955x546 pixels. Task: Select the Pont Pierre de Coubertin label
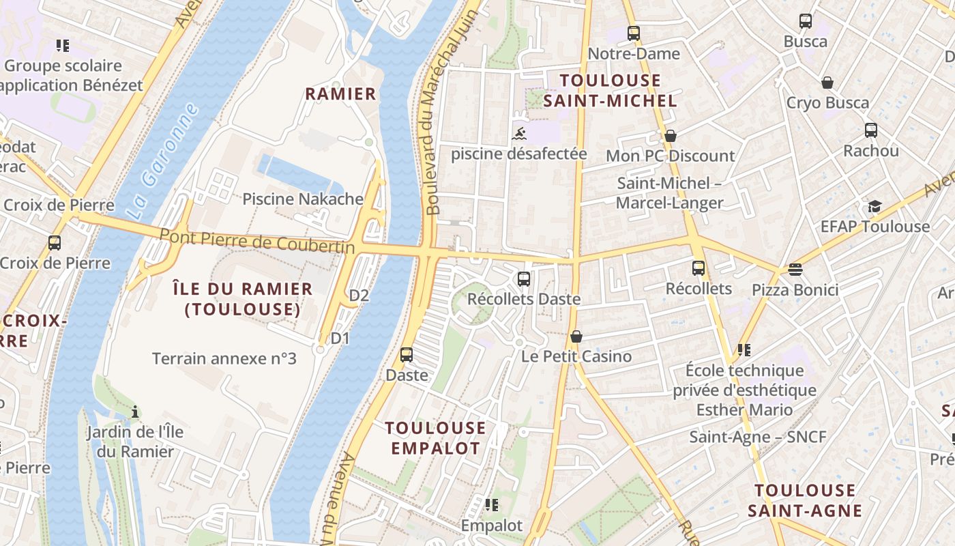pyautogui.click(x=257, y=241)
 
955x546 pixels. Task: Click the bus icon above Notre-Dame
pyautogui.click(x=634, y=33)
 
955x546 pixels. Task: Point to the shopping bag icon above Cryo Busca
pyautogui.click(x=827, y=83)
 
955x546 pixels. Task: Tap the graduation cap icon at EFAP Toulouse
pyautogui.click(x=875, y=206)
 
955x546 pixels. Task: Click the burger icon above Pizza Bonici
pyautogui.click(x=795, y=269)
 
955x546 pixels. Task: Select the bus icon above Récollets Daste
pyautogui.click(x=524, y=278)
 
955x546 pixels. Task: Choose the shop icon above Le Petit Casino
pyautogui.click(x=576, y=336)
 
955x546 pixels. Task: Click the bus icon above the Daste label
pyautogui.click(x=407, y=354)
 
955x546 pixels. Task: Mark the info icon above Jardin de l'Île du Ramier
pyautogui.click(x=135, y=412)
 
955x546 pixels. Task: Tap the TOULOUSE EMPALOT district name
pyautogui.click(x=435, y=438)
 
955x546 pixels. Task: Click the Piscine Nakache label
pyautogui.click(x=303, y=199)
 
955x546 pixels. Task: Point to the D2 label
pyautogui.click(x=359, y=296)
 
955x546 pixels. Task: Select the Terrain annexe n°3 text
pyautogui.click(x=224, y=358)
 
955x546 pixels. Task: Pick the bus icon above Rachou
pyautogui.click(x=871, y=130)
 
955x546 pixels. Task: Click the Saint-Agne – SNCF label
pyautogui.click(x=757, y=437)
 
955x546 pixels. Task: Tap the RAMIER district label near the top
pyautogui.click(x=340, y=94)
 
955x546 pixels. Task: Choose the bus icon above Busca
pyautogui.click(x=806, y=21)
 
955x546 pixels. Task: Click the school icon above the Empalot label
pyautogui.click(x=491, y=505)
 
